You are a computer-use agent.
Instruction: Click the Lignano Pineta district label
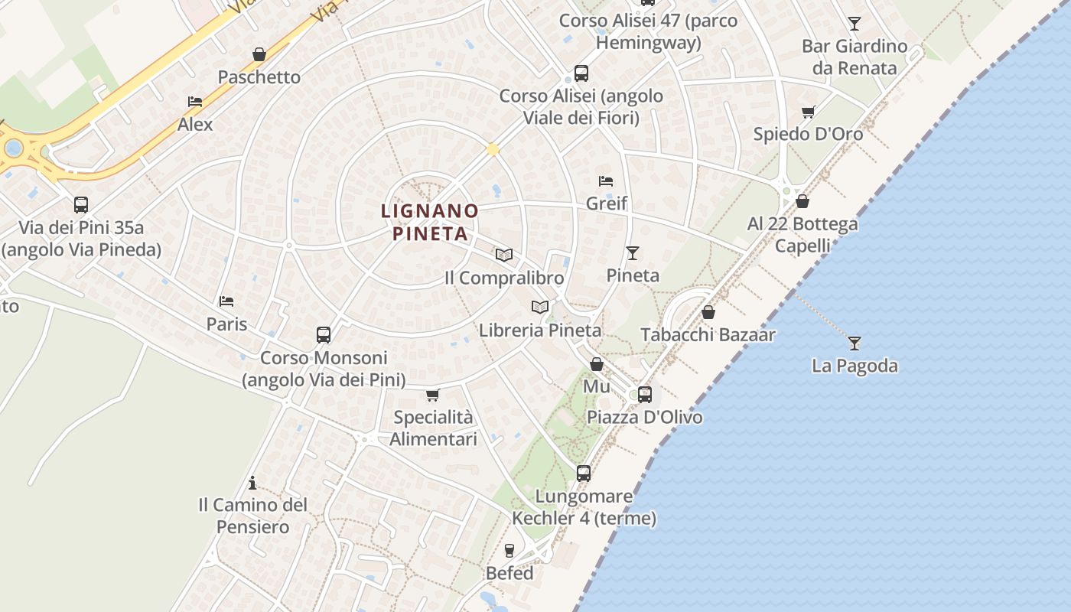pos(430,222)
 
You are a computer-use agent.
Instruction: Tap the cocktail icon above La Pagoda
pos(855,343)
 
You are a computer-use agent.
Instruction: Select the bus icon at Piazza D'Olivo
pos(645,395)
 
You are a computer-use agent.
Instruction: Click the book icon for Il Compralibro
pos(503,256)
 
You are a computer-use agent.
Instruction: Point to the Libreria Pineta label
pos(540,330)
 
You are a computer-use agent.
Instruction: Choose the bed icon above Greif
pos(606,181)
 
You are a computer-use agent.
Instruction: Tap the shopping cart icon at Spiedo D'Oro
pos(808,112)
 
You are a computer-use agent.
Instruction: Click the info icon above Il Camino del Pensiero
pos(252,483)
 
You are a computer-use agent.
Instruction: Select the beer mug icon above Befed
pos(509,551)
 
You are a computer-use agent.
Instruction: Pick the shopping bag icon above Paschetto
pos(259,55)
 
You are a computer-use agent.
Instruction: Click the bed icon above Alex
pos(195,102)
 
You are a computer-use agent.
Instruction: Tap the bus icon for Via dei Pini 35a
pos(81,205)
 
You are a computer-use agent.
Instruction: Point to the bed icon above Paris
pos(226,301)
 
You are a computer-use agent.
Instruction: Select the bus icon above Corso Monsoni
pos(324,335)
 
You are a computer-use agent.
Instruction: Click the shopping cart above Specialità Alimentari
pos(433,396)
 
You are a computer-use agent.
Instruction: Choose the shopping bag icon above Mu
pos(597,365)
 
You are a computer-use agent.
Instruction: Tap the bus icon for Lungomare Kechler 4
pos(584,474)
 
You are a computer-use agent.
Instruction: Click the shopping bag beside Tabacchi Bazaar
pos(708,313)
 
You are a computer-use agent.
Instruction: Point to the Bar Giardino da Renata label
pos(854,57)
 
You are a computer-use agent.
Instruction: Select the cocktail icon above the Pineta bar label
pos(633,253)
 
